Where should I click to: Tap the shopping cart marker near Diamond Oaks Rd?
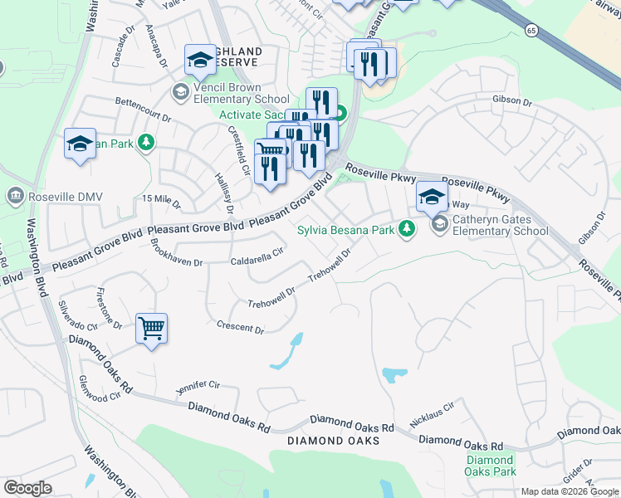point(151,329)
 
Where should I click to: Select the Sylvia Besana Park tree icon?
point(406,228)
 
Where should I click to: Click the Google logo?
point(27,488)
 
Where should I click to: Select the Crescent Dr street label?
point(240,328)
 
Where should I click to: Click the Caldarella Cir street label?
point(257,260)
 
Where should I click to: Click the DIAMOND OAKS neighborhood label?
point(333,441)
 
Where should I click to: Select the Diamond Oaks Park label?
point(489,466)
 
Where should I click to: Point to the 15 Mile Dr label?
point(161,198)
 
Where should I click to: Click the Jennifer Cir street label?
point(198,387)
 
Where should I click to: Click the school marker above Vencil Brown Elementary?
point(200,59)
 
